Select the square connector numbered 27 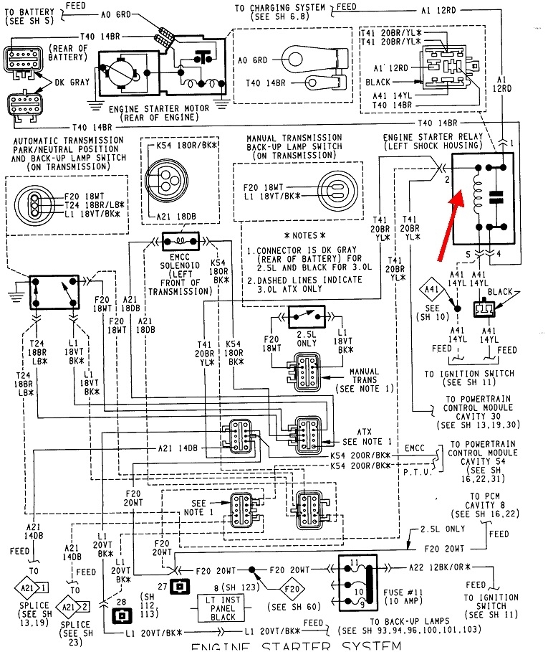182,587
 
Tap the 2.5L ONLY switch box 307,315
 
